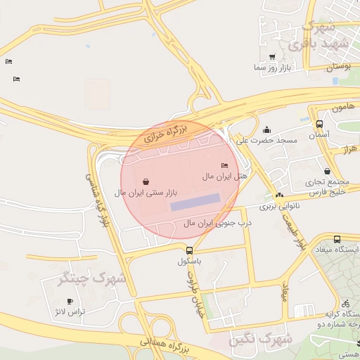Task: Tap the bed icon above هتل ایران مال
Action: click(224, 165)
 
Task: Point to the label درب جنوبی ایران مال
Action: click(217, 223)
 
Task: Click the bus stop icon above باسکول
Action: click(189, 250)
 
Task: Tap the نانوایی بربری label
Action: click(280, 207)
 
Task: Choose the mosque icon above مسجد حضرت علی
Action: click(266, 130)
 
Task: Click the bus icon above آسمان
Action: click(320, 123)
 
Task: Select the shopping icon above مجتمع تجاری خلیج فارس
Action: click(327, 171)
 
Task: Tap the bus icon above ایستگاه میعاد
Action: click(337, 240)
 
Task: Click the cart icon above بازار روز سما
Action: click(272, 57)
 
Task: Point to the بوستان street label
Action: click(338, 66)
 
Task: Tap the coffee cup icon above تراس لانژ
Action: click(70, 301)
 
